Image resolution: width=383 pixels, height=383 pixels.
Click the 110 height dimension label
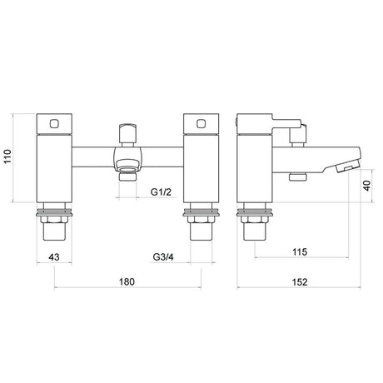pyautogui.click(x=7, y=157)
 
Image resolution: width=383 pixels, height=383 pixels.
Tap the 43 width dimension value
pyautogui.click(x=54, y=257)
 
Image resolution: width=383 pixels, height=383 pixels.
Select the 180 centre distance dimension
pyautogui.click(x=127, y=281)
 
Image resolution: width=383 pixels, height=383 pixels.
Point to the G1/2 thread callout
pyautogui.click(x=161, y=191)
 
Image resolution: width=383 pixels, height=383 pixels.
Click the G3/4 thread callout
pyautogui.click(x=163, y=257)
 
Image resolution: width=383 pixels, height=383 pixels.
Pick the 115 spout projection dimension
pyautogui.click(x=300, y=252)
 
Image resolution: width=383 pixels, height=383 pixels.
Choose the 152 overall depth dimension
pyautogui.click(x=300, y=282)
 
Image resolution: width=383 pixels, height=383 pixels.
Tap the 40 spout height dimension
pyautogui.click(x=367, y=186)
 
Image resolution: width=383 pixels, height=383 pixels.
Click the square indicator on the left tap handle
pyautogui.click(x=54, y=123)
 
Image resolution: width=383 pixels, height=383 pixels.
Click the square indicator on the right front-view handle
pyautogui.click(x=201, y=123)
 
